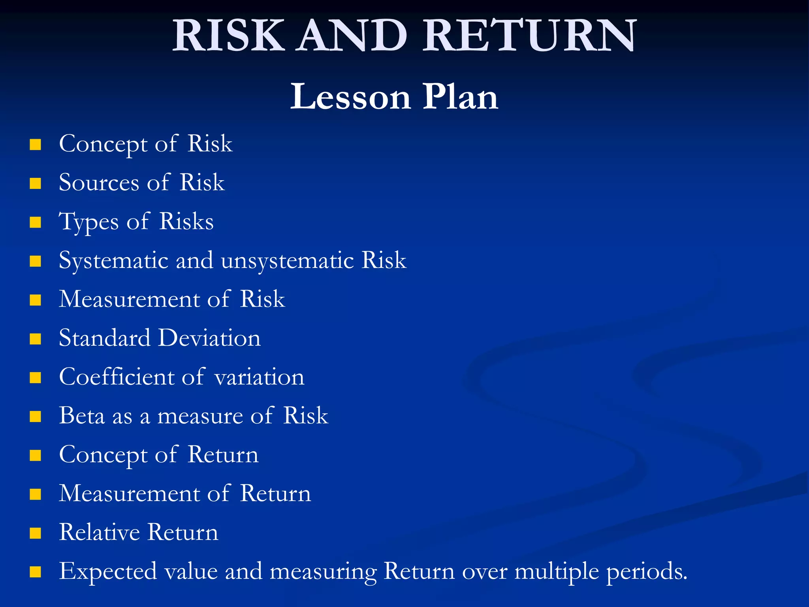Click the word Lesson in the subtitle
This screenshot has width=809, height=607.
pyautogui.click(x=350, y=97)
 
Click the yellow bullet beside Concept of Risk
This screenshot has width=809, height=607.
pyautogui.click(x=36, y=145)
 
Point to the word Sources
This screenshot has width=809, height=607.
pyautogui.click(x=99, y=183)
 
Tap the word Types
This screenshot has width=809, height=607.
pyautogui.click(x=88, y=222)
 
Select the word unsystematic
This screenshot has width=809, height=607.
pyautogui.click(x=287, y=261)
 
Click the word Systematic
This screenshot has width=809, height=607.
pyautogui.click(x=114, y=261)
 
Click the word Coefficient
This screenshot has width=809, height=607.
pyautogui.click(x=117, y=377)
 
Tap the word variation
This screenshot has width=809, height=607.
pyautogui.click(x=260, y=378)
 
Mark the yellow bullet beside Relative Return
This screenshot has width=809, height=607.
pyautogui.click(x=36, y=533)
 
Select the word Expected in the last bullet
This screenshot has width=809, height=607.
pyautogui.click(x=108, y=572)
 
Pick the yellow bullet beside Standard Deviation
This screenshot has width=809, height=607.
pyautogui.click(x=36, y=339)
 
